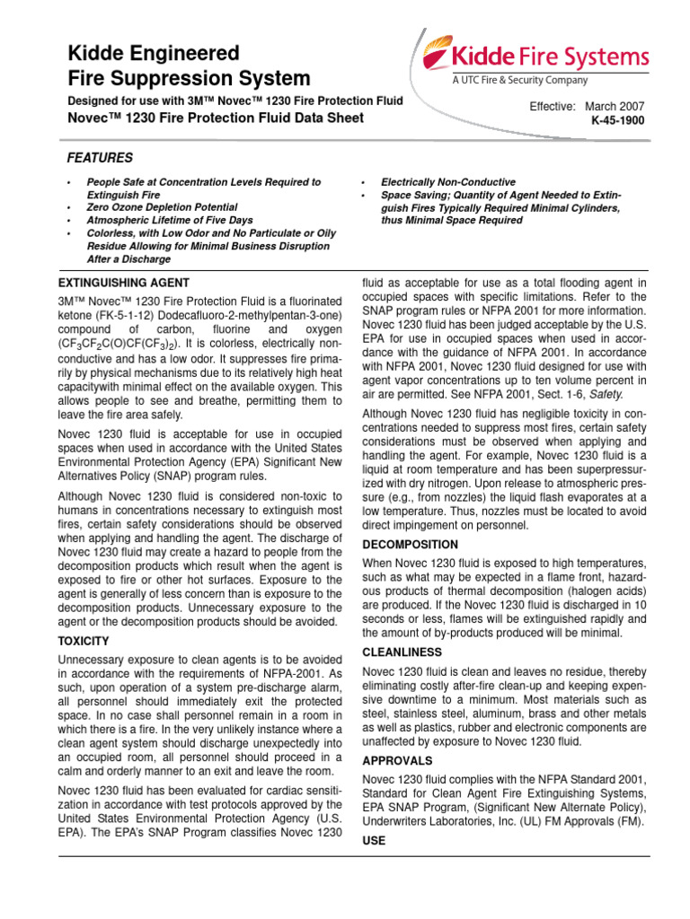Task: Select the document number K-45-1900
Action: point(617,119)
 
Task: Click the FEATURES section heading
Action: point(100,157)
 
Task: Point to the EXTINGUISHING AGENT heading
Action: point(123,283)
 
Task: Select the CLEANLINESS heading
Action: point(402,652)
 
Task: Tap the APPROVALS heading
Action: point(397,759)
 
